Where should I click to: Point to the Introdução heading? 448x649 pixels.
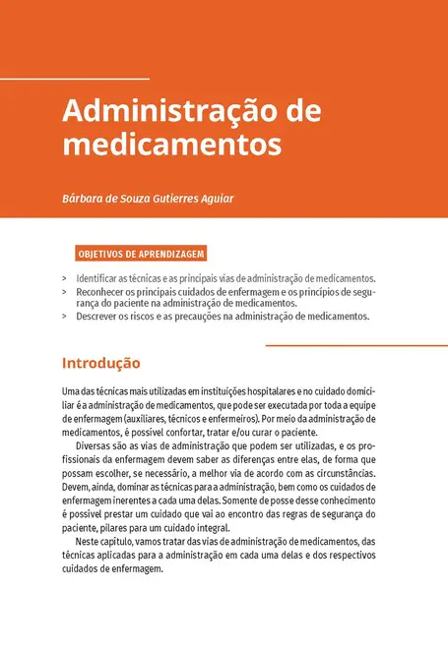[100, 362]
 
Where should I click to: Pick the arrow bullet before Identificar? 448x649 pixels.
[65, 279]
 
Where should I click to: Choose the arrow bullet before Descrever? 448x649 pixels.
[65, 318]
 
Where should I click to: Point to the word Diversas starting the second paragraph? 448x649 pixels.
[96, 444]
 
